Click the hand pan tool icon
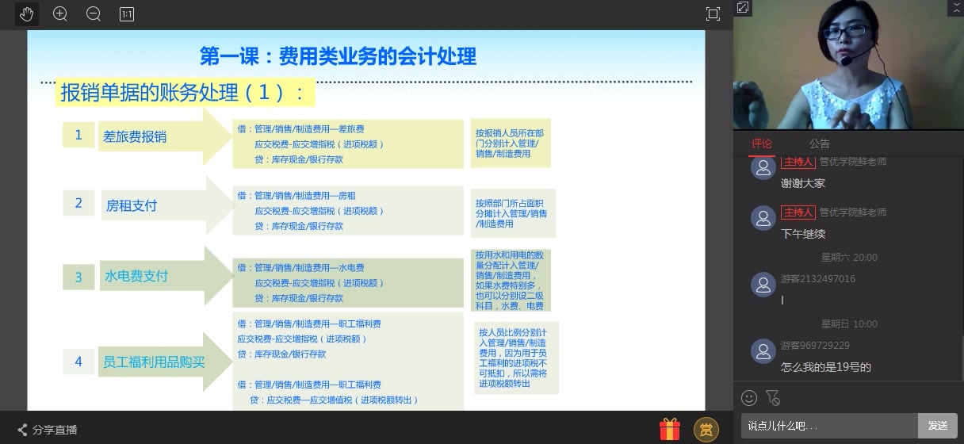(26, 13)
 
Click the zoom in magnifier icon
(60, 13)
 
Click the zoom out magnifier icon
(93, 13)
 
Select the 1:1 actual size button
(126, 13)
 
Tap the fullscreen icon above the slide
(713, 13)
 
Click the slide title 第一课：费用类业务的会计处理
(338, 56)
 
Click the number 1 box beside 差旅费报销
(78, 136)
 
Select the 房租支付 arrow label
(132, 205)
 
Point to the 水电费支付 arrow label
(136, 277)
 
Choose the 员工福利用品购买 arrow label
(154, 362)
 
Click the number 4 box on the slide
(78, 362)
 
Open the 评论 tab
(761, 144)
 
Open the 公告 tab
(819, 144)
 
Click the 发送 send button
(937, 426)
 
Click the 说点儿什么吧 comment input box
(828, 426)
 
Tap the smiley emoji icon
(748, 398)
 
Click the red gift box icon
(670, 430)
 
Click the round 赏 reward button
(706, 430)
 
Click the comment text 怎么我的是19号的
(825, 367)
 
